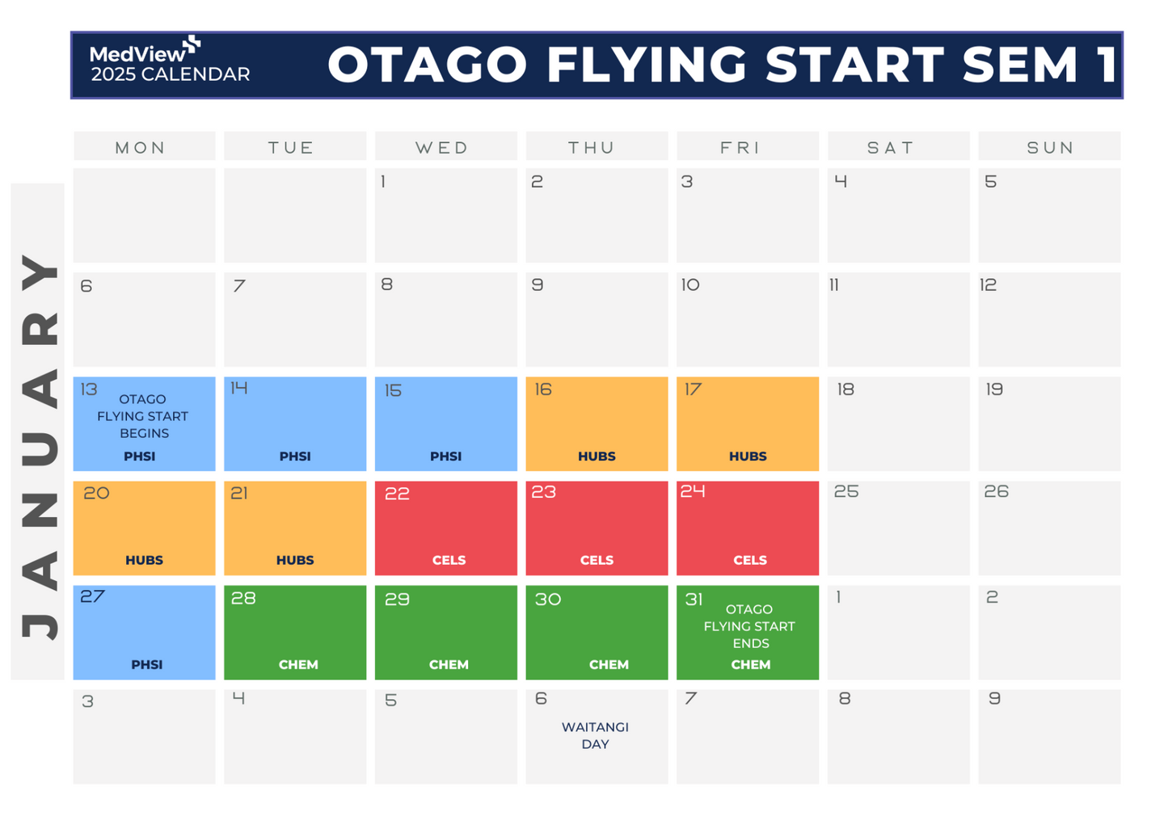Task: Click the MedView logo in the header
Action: pyautogui.click(x=144, y=52)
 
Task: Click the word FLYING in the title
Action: pyautogui.click(x=647, y=65)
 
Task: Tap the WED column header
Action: pyautogui.click(x=442, y=147)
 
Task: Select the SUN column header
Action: pyautogui.click(x=1050, y=147)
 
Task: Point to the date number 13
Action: pyautogui.click(x=88, y=389)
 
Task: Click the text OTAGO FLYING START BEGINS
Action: pyautogui.click(x=143, y=416)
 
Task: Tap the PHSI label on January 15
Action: pyautogui.click(x=445, y=456)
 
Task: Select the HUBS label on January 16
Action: pyautogui.click(x=597, y=456)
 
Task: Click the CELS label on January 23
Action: pyautogui.click(x=597, y=560)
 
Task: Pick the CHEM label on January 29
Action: pyautogui.click(x=449, y=664)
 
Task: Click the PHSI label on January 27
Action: pyautogui.click(x=146, y=664)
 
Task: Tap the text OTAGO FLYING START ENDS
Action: pyautogui.click(x=749, y=626)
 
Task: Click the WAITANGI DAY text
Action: pyautogui.click(x=595, y=735)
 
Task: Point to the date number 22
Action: pyautogui.click(x=397, y=494)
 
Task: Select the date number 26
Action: pyautogui.click(x=996, y=491)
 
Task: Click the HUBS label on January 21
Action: pyautogui.click(x=295, y=560)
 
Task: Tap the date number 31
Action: pyautogui.click(x=694, y=599)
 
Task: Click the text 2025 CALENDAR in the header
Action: pyautogui.click(x=171, y=74)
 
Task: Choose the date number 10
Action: pyautogui.click(x=689, y=284)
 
